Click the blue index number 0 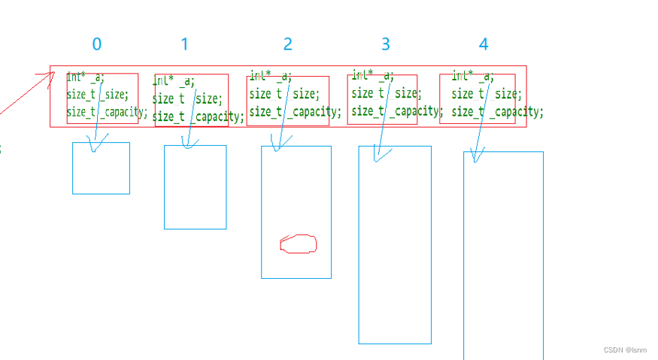point(96,44)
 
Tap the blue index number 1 point(184,44)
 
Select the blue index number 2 point(287,44)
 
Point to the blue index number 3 point(386,44)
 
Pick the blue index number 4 point(484,44)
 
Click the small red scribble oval point(298,244)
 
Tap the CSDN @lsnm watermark point(625,350)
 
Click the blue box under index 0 point(101,168)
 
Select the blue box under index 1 point(195,187)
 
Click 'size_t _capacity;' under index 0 point(107,113)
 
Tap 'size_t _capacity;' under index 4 point(497,112)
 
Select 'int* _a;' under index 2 point(270,77)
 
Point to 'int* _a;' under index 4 point(472,77)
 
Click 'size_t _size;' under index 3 point(386,93)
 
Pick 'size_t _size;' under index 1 point(187,98)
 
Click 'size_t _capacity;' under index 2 point(295,112)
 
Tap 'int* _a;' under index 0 point(86,77)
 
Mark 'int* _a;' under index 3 point(372,76)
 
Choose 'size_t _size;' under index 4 point(486,94)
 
